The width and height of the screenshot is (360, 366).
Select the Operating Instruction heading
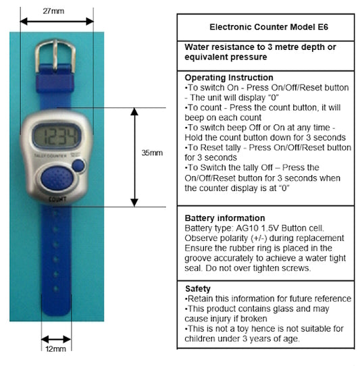pos(229,78)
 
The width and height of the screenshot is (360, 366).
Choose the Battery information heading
pos(225,218)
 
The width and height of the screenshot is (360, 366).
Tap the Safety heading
pos(198,288)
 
